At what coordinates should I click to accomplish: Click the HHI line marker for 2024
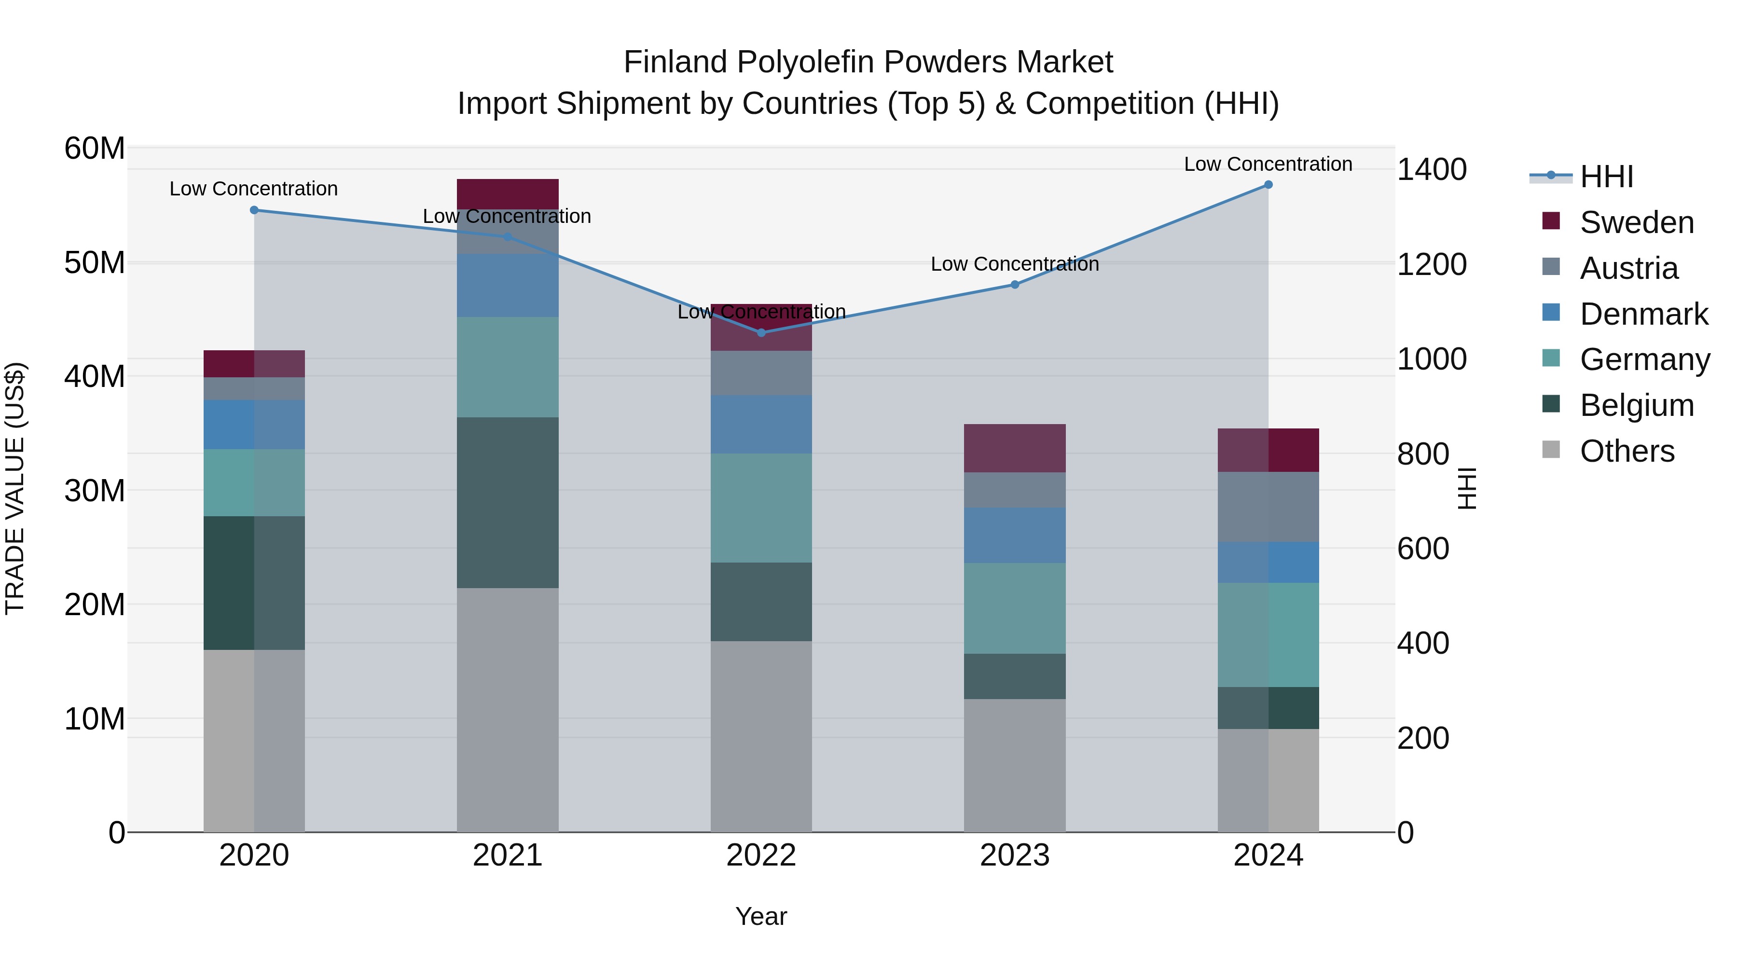(1268, 185)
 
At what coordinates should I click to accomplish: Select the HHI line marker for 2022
(761, 332)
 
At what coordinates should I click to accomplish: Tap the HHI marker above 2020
(254, 210)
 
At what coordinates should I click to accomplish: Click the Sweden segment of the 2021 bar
(508, 193)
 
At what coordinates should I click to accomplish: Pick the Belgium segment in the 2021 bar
(508, 502)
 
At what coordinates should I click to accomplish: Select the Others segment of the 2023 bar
(1014, 765)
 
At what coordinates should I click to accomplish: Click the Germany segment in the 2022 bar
(761, 508)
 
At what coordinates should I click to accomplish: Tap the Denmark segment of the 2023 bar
(1014, 536)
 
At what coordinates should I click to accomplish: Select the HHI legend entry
(1606, 177)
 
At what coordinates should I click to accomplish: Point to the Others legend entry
(1627, 451)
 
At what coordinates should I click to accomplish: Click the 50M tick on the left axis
(95, 263)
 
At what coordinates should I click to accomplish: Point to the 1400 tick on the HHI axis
(1431, 169)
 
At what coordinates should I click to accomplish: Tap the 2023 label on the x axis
(1014, 855)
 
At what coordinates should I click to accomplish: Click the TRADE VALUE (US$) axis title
(15, 488)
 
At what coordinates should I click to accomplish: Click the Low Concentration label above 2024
(1268, 164)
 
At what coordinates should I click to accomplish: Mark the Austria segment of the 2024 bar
(1268, 507)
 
